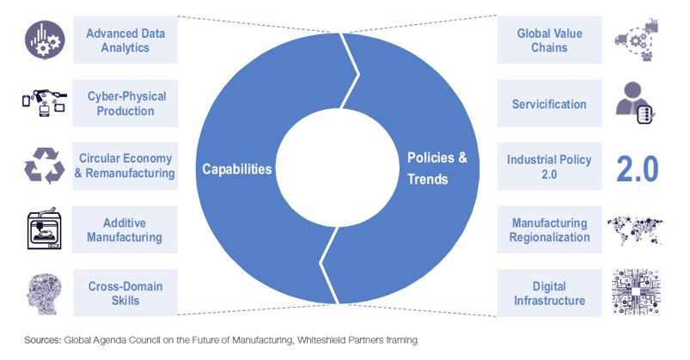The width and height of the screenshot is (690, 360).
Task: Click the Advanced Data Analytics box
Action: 125,40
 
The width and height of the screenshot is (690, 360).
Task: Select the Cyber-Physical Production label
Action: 126,103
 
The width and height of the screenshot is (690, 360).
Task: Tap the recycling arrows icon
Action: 45,166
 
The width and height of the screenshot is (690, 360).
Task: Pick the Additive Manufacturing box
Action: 125,229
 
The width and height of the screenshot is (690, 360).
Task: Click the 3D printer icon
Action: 44,229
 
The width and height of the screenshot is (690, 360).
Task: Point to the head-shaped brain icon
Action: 44,294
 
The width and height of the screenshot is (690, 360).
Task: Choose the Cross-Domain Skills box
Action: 125,293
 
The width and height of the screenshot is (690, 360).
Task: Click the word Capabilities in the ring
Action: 237,169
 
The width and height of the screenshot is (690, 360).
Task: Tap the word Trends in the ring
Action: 427,179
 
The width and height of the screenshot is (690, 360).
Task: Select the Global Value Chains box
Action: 549,40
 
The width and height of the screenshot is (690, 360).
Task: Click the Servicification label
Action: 549,104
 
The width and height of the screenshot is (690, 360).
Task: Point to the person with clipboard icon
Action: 635,102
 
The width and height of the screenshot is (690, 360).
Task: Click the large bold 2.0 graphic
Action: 638,169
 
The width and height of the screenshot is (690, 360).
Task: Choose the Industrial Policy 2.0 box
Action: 549,166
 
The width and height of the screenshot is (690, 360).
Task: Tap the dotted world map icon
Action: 634,229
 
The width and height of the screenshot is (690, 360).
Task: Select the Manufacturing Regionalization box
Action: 549,229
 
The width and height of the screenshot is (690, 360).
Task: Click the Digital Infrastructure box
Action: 549,293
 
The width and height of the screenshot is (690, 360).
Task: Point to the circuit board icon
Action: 636,292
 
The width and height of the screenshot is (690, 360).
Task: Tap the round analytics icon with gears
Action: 45,40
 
